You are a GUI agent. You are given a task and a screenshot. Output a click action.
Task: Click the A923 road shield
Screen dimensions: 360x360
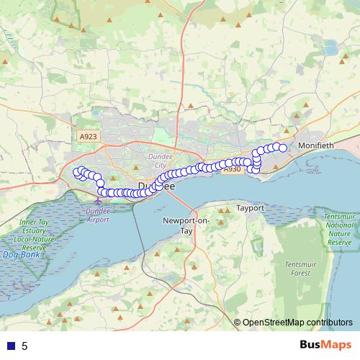[x=88, y=135]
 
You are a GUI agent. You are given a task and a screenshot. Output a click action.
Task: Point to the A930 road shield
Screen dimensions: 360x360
[x=232, y=170]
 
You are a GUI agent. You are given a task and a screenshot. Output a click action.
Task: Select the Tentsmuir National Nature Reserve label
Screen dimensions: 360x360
[x=339, y=230]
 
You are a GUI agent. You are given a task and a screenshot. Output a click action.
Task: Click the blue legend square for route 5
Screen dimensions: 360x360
[x=11, y=346]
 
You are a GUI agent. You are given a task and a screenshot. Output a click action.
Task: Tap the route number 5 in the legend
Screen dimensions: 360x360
[x=24, y=346]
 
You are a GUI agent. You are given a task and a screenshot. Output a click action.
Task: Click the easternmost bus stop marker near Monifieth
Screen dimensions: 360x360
[x=283, y=148]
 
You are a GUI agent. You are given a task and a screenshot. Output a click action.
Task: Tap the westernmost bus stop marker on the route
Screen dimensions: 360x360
[x=76, y=171]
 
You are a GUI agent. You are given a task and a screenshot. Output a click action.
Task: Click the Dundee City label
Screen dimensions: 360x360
[x=156, y=160]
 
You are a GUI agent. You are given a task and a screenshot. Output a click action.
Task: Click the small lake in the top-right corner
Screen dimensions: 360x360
[x=330, y=49]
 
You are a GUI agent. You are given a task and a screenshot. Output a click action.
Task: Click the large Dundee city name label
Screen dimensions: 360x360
[x=156, y=186]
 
